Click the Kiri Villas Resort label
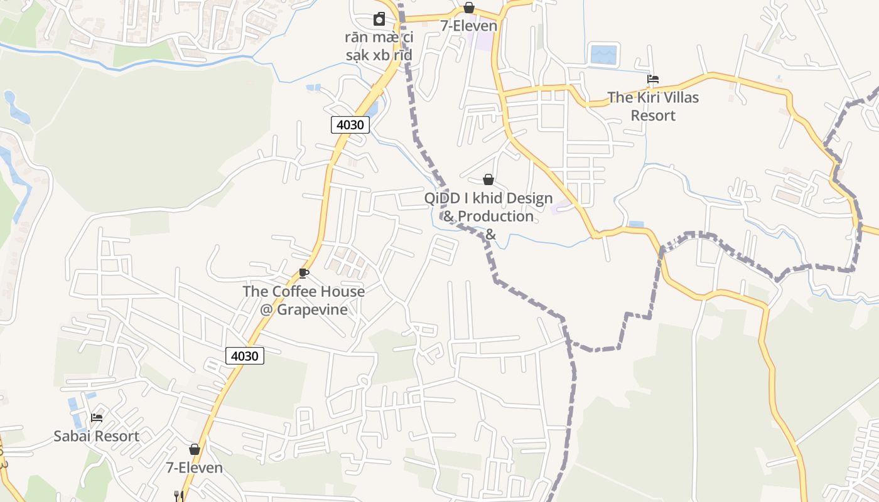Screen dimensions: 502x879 click(x=653, y=106)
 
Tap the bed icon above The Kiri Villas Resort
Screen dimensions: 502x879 click(x=653, y=79)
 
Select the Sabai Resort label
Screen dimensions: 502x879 click(x=96, y=436)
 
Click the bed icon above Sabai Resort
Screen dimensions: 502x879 click(x=96, y=417)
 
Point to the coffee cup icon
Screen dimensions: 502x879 click(x=304, y=273)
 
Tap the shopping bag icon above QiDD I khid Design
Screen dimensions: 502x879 click(x=488, y=180)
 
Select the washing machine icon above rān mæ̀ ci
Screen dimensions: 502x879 click(x=379, y=19)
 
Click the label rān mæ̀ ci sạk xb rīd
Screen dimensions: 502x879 click(x=379, y=46)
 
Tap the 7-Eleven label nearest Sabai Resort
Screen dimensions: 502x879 click(x=194, y=467)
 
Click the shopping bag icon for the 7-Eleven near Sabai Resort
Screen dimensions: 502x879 click(x=195, y=449)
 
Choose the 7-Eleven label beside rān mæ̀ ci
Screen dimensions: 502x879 click(x=468, y=26)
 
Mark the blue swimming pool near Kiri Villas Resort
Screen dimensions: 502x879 click(x=604, y=55)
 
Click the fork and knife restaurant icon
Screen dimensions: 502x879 click(x=179, y=496)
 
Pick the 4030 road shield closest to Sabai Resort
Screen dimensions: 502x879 click(x=244, y=356)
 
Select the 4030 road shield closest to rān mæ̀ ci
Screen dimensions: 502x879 click(x=350, y=124)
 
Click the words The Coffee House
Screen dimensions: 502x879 click(x=303, y=291)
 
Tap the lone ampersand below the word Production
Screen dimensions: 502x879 click(x=490, y=235)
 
